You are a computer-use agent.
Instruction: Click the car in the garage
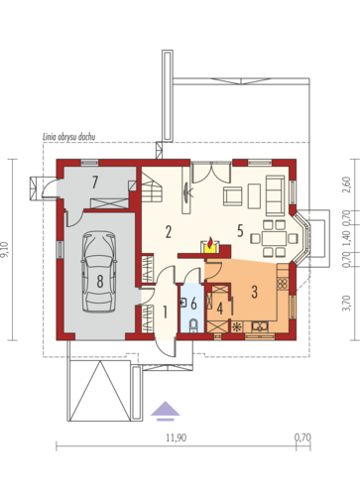(x=99, y=272)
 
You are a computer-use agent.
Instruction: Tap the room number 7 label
(x=95, y=183)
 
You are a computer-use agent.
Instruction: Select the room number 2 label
(x=169, y=232)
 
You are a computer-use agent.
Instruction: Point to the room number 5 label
(x=240, y=231)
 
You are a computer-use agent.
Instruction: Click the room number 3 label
(x=254, y=292)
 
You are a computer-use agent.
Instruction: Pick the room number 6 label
(x=194, y=304)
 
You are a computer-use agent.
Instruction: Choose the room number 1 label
(x=166, y=312)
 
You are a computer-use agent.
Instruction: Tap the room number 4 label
(x=220, y=309)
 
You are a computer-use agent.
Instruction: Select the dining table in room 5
(x=274, y=238)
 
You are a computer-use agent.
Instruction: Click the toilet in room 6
(x=193, y=325)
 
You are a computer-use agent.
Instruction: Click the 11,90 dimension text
(x=177, y=438)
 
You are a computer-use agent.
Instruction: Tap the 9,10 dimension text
(x=5, y=249)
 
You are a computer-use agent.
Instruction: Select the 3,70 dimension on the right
(x=346, y=304)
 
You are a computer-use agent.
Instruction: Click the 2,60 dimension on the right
(x=346, y=186)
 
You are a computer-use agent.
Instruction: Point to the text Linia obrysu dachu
(x=69, y=137)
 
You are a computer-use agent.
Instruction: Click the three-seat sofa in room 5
(x=275, y=194)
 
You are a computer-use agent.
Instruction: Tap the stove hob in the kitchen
(x=282, y=283)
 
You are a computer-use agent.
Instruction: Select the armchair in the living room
(x=233, y=196)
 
